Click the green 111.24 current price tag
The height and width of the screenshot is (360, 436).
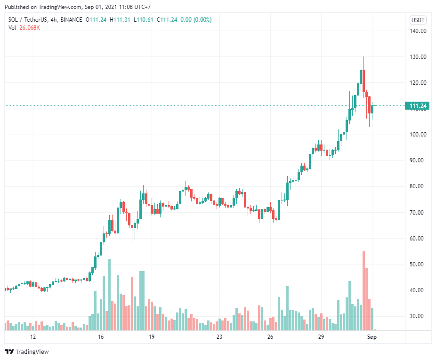coord(417,106)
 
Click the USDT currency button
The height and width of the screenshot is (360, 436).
coord(418,20)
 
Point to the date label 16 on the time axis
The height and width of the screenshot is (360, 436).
coord(100,337)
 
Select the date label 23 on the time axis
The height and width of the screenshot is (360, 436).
coord(219,337)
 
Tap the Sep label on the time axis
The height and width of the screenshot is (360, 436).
coord(371,337)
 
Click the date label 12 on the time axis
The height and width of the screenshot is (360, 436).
coord(33,337)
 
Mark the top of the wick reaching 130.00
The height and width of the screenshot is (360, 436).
coord(363,57)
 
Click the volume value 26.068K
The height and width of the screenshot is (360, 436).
coord(30,27)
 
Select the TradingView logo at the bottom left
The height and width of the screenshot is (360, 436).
coord(27,352)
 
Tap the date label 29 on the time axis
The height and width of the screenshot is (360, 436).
coord(321,337)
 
